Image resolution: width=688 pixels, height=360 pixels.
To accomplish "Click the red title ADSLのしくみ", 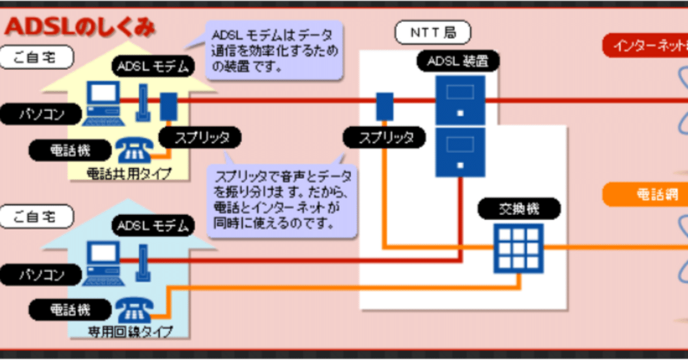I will [x=80, y=28].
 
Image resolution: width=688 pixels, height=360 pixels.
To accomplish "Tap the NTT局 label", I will [x=433, y=33].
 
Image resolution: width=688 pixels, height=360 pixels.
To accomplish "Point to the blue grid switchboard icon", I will [x=518, y=248].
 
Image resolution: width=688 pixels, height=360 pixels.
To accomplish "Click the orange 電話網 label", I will [x=645, y=195].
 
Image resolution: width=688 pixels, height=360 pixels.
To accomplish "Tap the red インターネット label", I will [x=645, y=45].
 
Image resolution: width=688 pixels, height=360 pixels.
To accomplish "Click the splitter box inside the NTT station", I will [x=385, y=107].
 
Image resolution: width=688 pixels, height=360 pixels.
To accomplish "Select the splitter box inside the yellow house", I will [x=168, y=107].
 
